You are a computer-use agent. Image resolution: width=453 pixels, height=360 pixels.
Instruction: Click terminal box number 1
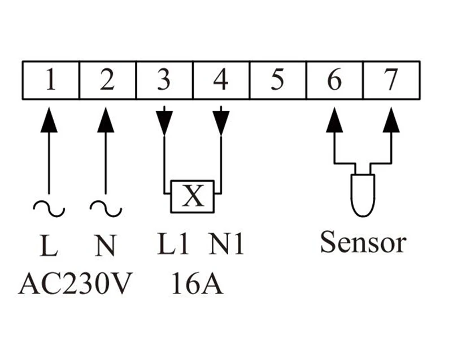pyautogui.click(x=50, y=80)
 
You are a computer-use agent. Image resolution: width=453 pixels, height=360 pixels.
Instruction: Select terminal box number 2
pyautogui.click(x=107, y=80)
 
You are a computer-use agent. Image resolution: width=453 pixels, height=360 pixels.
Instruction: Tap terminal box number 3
pyautogui.click(x=164, y=80)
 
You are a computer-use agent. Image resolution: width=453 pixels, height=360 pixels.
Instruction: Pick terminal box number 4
pyautogui.click(x=221, y=80)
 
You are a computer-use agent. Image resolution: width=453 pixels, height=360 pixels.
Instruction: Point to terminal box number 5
pyautogui.click(x=277, y=80)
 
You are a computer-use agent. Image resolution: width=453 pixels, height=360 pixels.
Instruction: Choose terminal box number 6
pyautogui.click(x=334, y=80)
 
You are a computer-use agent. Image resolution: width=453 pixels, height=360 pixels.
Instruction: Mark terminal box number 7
pyautogui.click(x=391, y=80)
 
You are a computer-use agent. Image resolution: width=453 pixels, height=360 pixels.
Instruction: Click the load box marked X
pyautogui.click(x=193, y=197)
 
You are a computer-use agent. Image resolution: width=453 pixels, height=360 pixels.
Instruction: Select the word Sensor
pyautogui.click(x=363, y=242)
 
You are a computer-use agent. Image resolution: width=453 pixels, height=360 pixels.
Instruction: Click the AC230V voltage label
pyautogui.click(x=75, y=284)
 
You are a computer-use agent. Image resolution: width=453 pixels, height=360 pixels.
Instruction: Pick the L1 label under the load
pyautogui.click(x=171, y=244)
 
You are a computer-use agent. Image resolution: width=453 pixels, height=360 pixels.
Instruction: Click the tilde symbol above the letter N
pyautogui.click(x=106, y=209)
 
